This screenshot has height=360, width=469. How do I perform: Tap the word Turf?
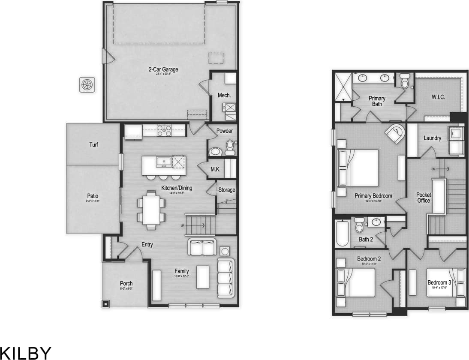point(93,145)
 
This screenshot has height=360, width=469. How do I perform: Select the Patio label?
point(93,196)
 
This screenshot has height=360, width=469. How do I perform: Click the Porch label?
point(126,283)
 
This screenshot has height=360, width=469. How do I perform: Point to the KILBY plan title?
point(26,353)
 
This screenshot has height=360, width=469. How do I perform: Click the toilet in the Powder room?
point(230,147)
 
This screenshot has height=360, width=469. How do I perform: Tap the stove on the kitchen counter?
point(164,130)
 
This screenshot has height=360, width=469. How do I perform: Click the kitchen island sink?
point(164,162)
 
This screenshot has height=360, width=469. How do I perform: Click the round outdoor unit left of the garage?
point(87,84)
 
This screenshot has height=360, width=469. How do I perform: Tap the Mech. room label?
point(224,95)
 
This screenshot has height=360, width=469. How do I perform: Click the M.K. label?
point(215,169)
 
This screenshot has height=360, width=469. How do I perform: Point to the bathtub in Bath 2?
point(342,234)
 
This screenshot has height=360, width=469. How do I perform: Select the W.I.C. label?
point(438,97)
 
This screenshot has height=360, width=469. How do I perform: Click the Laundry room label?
point(432,138)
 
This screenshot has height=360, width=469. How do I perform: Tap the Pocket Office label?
point(424,198)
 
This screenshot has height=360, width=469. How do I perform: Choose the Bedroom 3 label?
point(439,282)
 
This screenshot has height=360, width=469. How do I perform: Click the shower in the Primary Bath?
point(343,87)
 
